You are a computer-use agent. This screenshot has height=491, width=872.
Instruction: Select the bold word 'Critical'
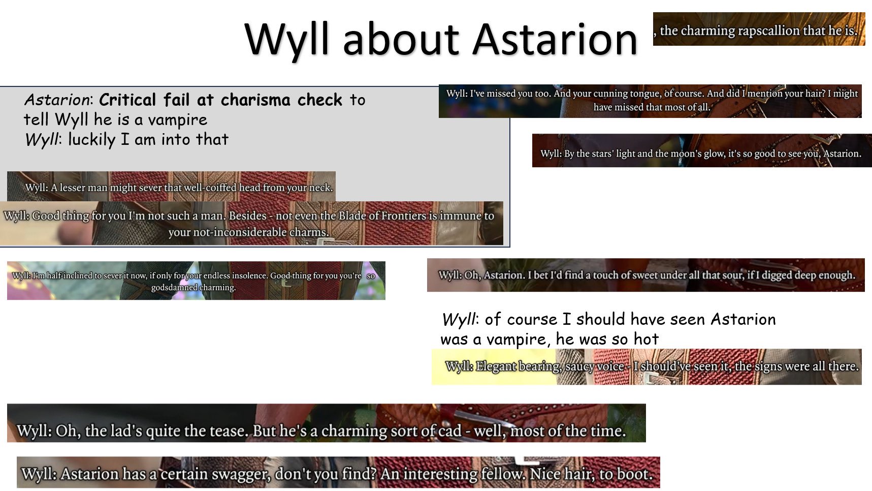tap(127, 100)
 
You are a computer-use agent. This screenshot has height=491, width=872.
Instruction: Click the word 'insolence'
tap(249, 275)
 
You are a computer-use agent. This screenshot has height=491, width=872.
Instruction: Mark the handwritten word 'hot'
tap(645, 339)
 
